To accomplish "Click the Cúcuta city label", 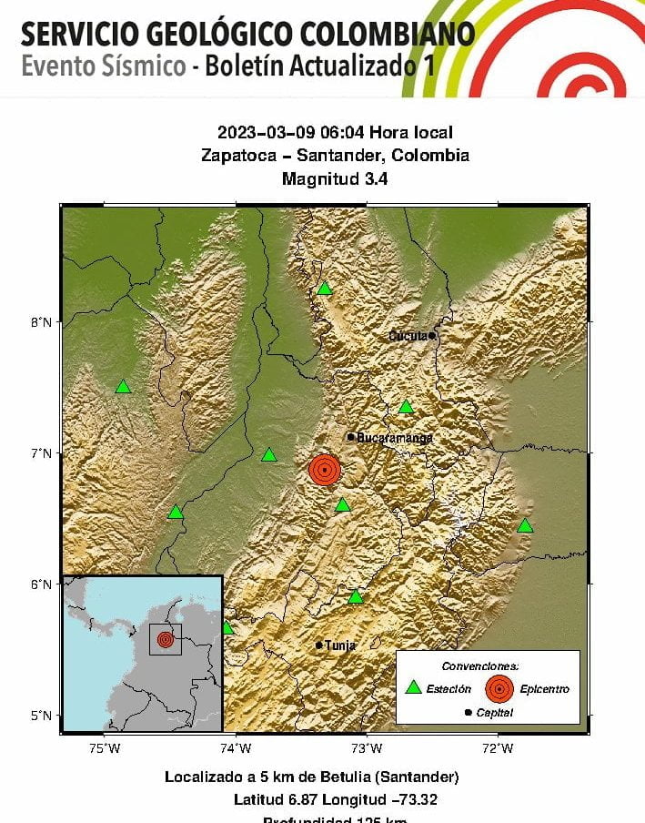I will (408, 336).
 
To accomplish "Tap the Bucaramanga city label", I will (394, 438).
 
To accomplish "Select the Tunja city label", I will (339, 645).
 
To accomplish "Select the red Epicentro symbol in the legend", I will (499, 689).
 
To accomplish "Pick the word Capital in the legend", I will (493, 713).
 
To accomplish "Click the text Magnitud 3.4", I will (335, 179).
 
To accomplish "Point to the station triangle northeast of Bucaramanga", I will (406, 407).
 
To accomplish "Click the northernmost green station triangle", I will (324, 289).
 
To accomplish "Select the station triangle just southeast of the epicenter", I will (342, 505).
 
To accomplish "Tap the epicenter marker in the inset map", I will (165, 640).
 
